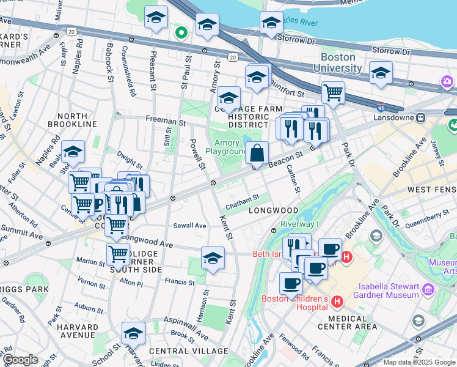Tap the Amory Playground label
(226, 147)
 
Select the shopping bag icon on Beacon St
(257, 153)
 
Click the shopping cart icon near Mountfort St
(333, 94)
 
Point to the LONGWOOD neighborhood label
(273, 210)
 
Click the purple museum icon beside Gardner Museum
(428, 287)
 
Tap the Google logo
(20, 360)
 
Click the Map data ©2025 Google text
(419, 362)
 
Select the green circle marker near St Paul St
(181, 32)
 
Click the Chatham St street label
(243, 197)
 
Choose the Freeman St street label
(165, 122)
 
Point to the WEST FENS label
(431, 190)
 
